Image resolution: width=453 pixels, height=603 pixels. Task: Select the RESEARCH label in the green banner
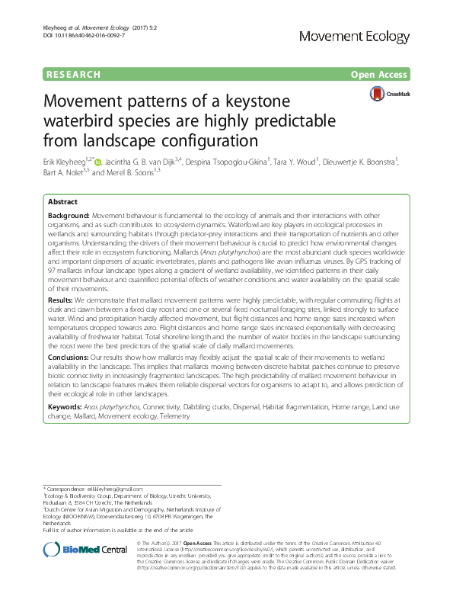click(73, 75)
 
